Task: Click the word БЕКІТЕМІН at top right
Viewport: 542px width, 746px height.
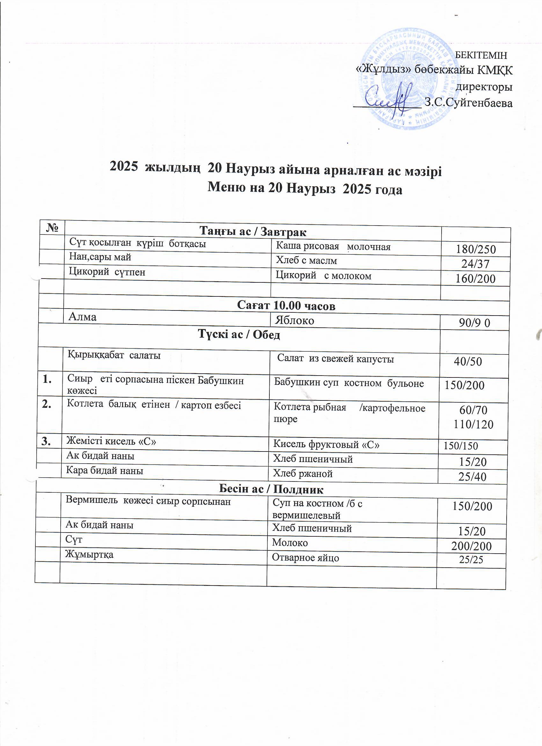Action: point(480,55)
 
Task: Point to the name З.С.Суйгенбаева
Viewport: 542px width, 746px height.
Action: point(468,103)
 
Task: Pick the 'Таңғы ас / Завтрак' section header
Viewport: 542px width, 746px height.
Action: point(253,232)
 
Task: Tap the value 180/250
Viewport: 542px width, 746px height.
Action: point(475,249)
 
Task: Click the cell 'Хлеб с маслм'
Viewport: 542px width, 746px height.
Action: point(306,260)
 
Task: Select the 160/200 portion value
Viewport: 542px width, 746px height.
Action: point(475,279)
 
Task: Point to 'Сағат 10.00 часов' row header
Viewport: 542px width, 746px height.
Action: point(286,306)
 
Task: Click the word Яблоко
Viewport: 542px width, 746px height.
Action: point(295,320)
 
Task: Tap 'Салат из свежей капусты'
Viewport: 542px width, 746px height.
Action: point(335,359)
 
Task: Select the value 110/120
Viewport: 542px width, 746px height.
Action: point(473,425)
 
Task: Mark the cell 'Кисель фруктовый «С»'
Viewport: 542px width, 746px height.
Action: point(326,445)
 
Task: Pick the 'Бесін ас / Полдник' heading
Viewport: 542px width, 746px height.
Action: point(271,489)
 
